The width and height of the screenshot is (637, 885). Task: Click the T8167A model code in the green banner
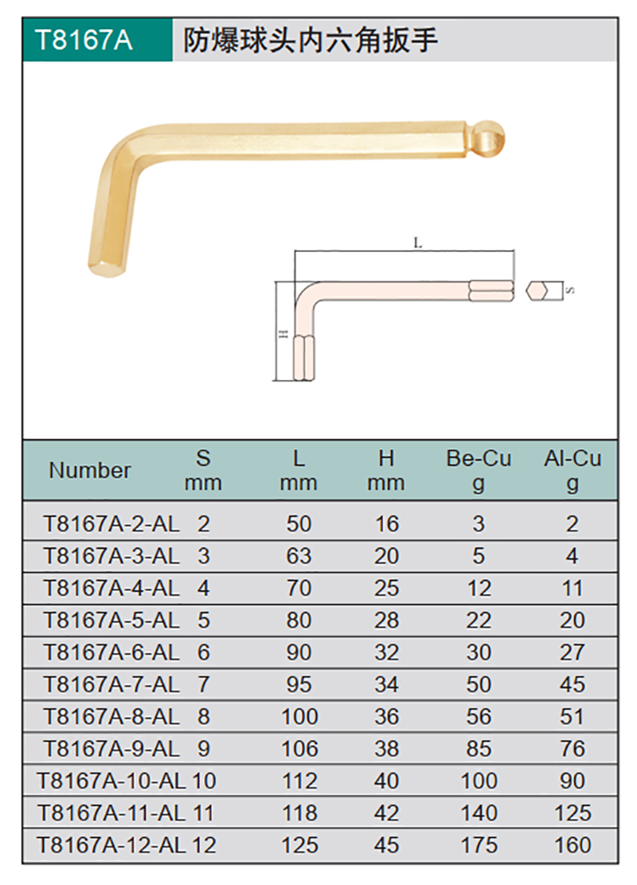click(x=84, y=40)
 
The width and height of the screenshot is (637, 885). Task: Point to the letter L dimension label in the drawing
click(x=417, y=243)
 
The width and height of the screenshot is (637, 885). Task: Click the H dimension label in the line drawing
click(x=283, y=334)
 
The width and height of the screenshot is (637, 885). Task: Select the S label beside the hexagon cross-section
click(x=570, y=290)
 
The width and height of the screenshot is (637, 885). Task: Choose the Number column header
click(x=90, y=470)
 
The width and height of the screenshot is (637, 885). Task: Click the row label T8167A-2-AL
click(x=111, y=524)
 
